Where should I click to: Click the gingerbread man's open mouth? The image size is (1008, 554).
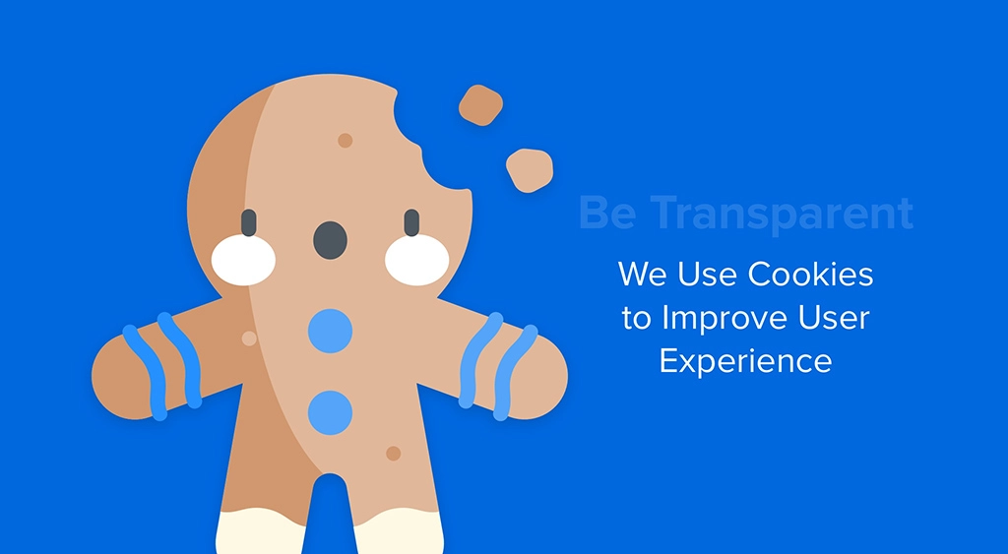[x=330, y=239]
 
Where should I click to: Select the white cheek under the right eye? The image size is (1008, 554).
[x=416, y=260]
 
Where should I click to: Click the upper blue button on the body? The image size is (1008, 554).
[x=330, y=331]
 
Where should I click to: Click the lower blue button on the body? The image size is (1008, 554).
[x=330, y=412]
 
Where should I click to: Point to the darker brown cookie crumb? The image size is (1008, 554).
[x=480, y=105]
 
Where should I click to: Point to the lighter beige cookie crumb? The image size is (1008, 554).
[x=529, y=169]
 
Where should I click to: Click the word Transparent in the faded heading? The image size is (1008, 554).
[x=784, y=214]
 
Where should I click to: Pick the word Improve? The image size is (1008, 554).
[x=724, y=318]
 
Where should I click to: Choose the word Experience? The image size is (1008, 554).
[x=745, y=361]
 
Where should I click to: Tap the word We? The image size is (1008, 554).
[x=642, y=274]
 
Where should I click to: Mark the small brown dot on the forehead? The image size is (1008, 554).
[x=345, y=141]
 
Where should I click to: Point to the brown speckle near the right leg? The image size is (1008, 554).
[x=393, y=454]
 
